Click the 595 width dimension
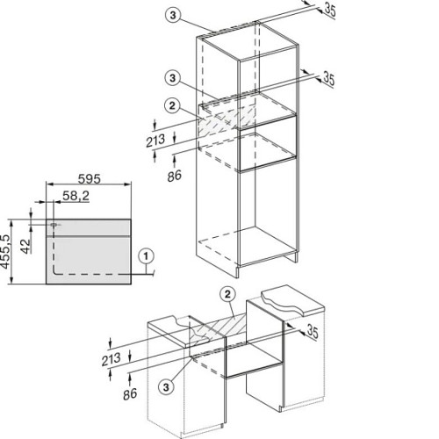90,178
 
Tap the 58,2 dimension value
76,196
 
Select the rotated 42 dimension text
25,246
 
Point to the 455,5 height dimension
5,251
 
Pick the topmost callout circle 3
173,15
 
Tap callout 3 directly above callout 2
172,78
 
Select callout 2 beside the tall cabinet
172,105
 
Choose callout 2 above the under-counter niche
227,295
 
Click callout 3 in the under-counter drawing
166,387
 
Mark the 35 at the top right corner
330,11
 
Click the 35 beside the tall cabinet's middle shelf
328,79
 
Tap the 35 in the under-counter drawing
312,332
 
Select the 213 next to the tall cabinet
155,140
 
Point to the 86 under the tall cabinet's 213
175,176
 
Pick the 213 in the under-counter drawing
111,359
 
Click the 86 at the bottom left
130,394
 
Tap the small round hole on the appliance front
54,225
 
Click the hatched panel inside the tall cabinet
227,120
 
